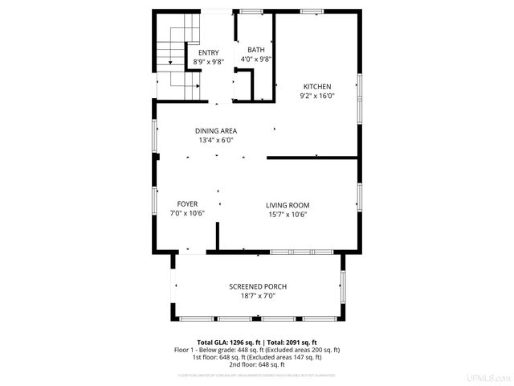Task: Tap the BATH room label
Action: [255, 50]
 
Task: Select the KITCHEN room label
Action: [316, 87]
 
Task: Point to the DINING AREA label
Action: [216, 131]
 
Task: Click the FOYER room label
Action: [188, 204]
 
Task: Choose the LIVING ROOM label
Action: [288, 205]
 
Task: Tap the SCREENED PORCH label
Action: [258, 287]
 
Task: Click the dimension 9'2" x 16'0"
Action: [316, 96]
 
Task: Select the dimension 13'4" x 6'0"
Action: [216, 140]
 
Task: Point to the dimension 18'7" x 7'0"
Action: [258, 296]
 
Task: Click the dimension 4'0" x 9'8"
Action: [256, 59]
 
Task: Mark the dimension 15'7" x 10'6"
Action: [288, 214]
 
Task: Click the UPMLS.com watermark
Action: [492, 378]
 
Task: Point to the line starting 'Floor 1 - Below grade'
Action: [257, 350]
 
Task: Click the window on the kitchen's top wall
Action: [312, 11]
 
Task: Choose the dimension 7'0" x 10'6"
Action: [188, 213]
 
